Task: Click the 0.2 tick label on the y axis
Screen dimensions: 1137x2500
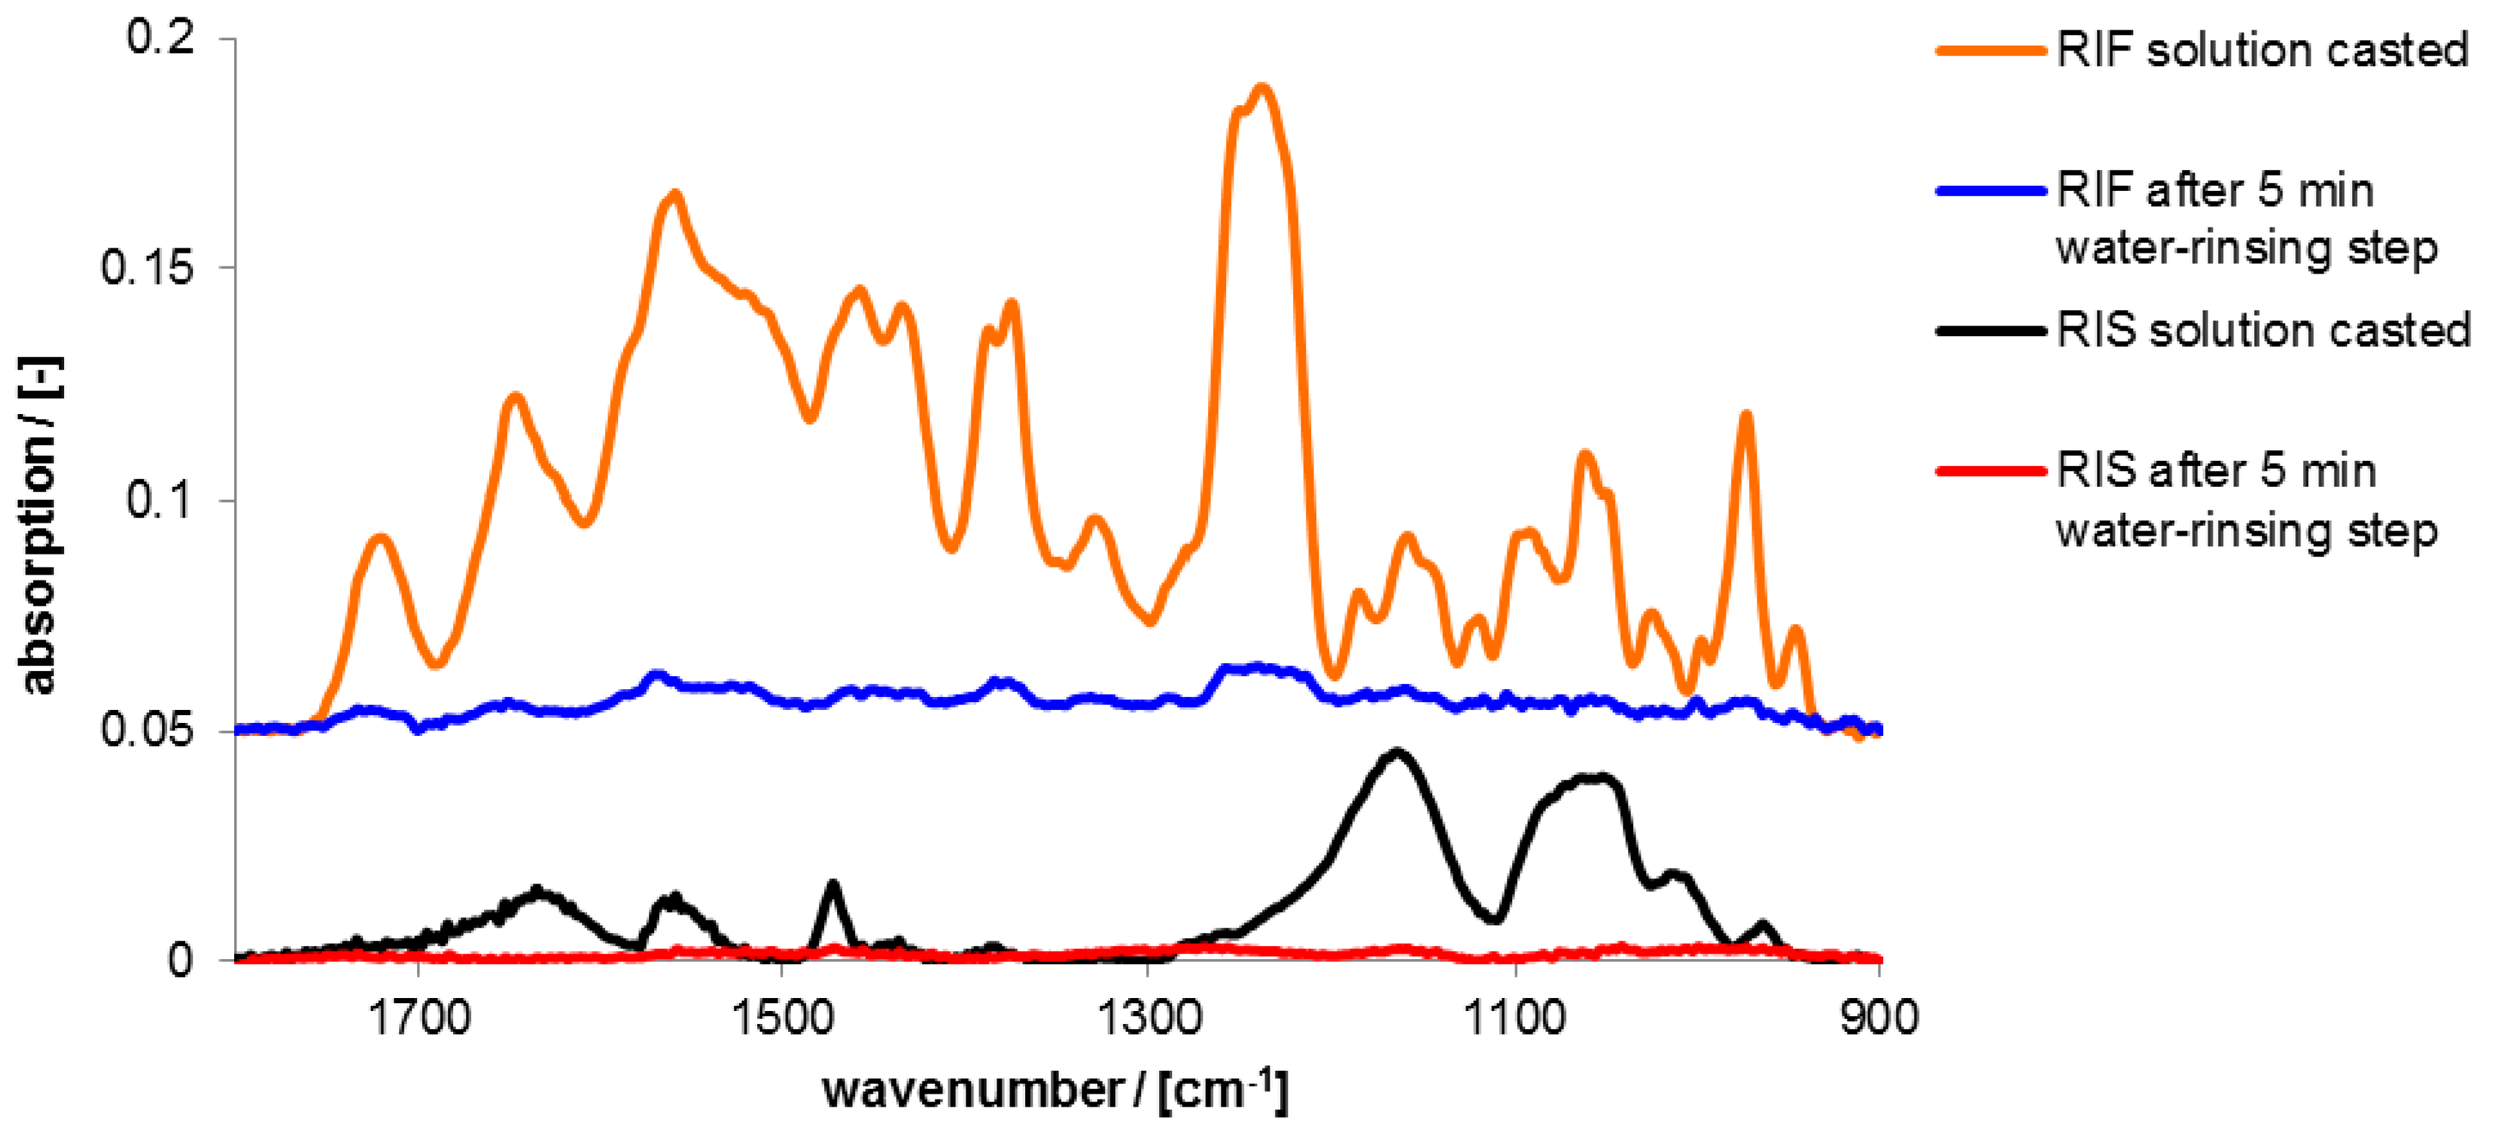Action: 160,38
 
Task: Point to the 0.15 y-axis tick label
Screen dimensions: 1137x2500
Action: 148,268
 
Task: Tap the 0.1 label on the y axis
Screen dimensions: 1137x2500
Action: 160,500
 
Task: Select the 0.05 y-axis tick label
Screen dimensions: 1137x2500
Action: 148,730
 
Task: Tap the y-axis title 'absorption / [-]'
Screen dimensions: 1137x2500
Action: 39,525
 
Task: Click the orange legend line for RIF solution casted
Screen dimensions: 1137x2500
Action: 1989,50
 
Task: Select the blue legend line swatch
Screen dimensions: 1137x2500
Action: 1989,191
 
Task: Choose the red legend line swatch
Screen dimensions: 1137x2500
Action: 1989,472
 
